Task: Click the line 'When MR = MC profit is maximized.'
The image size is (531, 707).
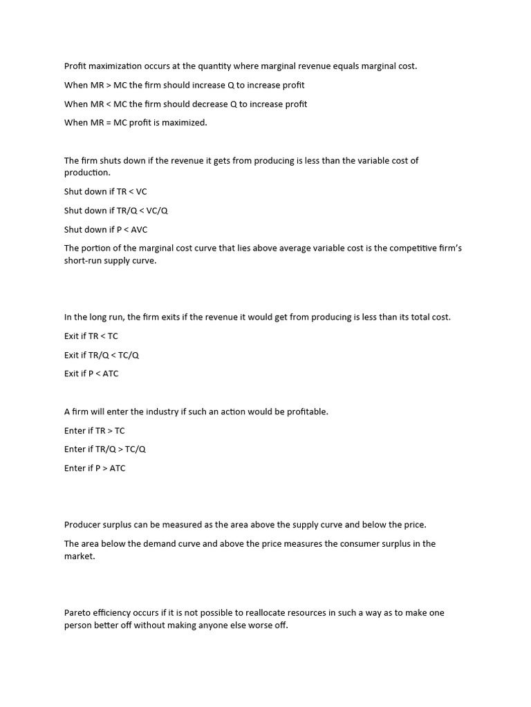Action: pos(136,123)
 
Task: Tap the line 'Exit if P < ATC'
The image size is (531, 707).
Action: pos(91,374)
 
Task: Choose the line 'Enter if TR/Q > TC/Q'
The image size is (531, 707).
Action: pos(105,449)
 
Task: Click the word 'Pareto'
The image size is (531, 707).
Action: pos(77,612)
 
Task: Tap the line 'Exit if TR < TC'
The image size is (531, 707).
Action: pos(91,336)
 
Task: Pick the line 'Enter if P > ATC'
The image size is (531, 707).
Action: pos(95,468)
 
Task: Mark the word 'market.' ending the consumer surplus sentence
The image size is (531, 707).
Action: pos(80,556)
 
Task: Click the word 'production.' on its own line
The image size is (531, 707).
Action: pos(87,173)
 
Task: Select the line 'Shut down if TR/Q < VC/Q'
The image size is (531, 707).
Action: pos(116,211)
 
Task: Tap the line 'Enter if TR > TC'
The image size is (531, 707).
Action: pos(95,430)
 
